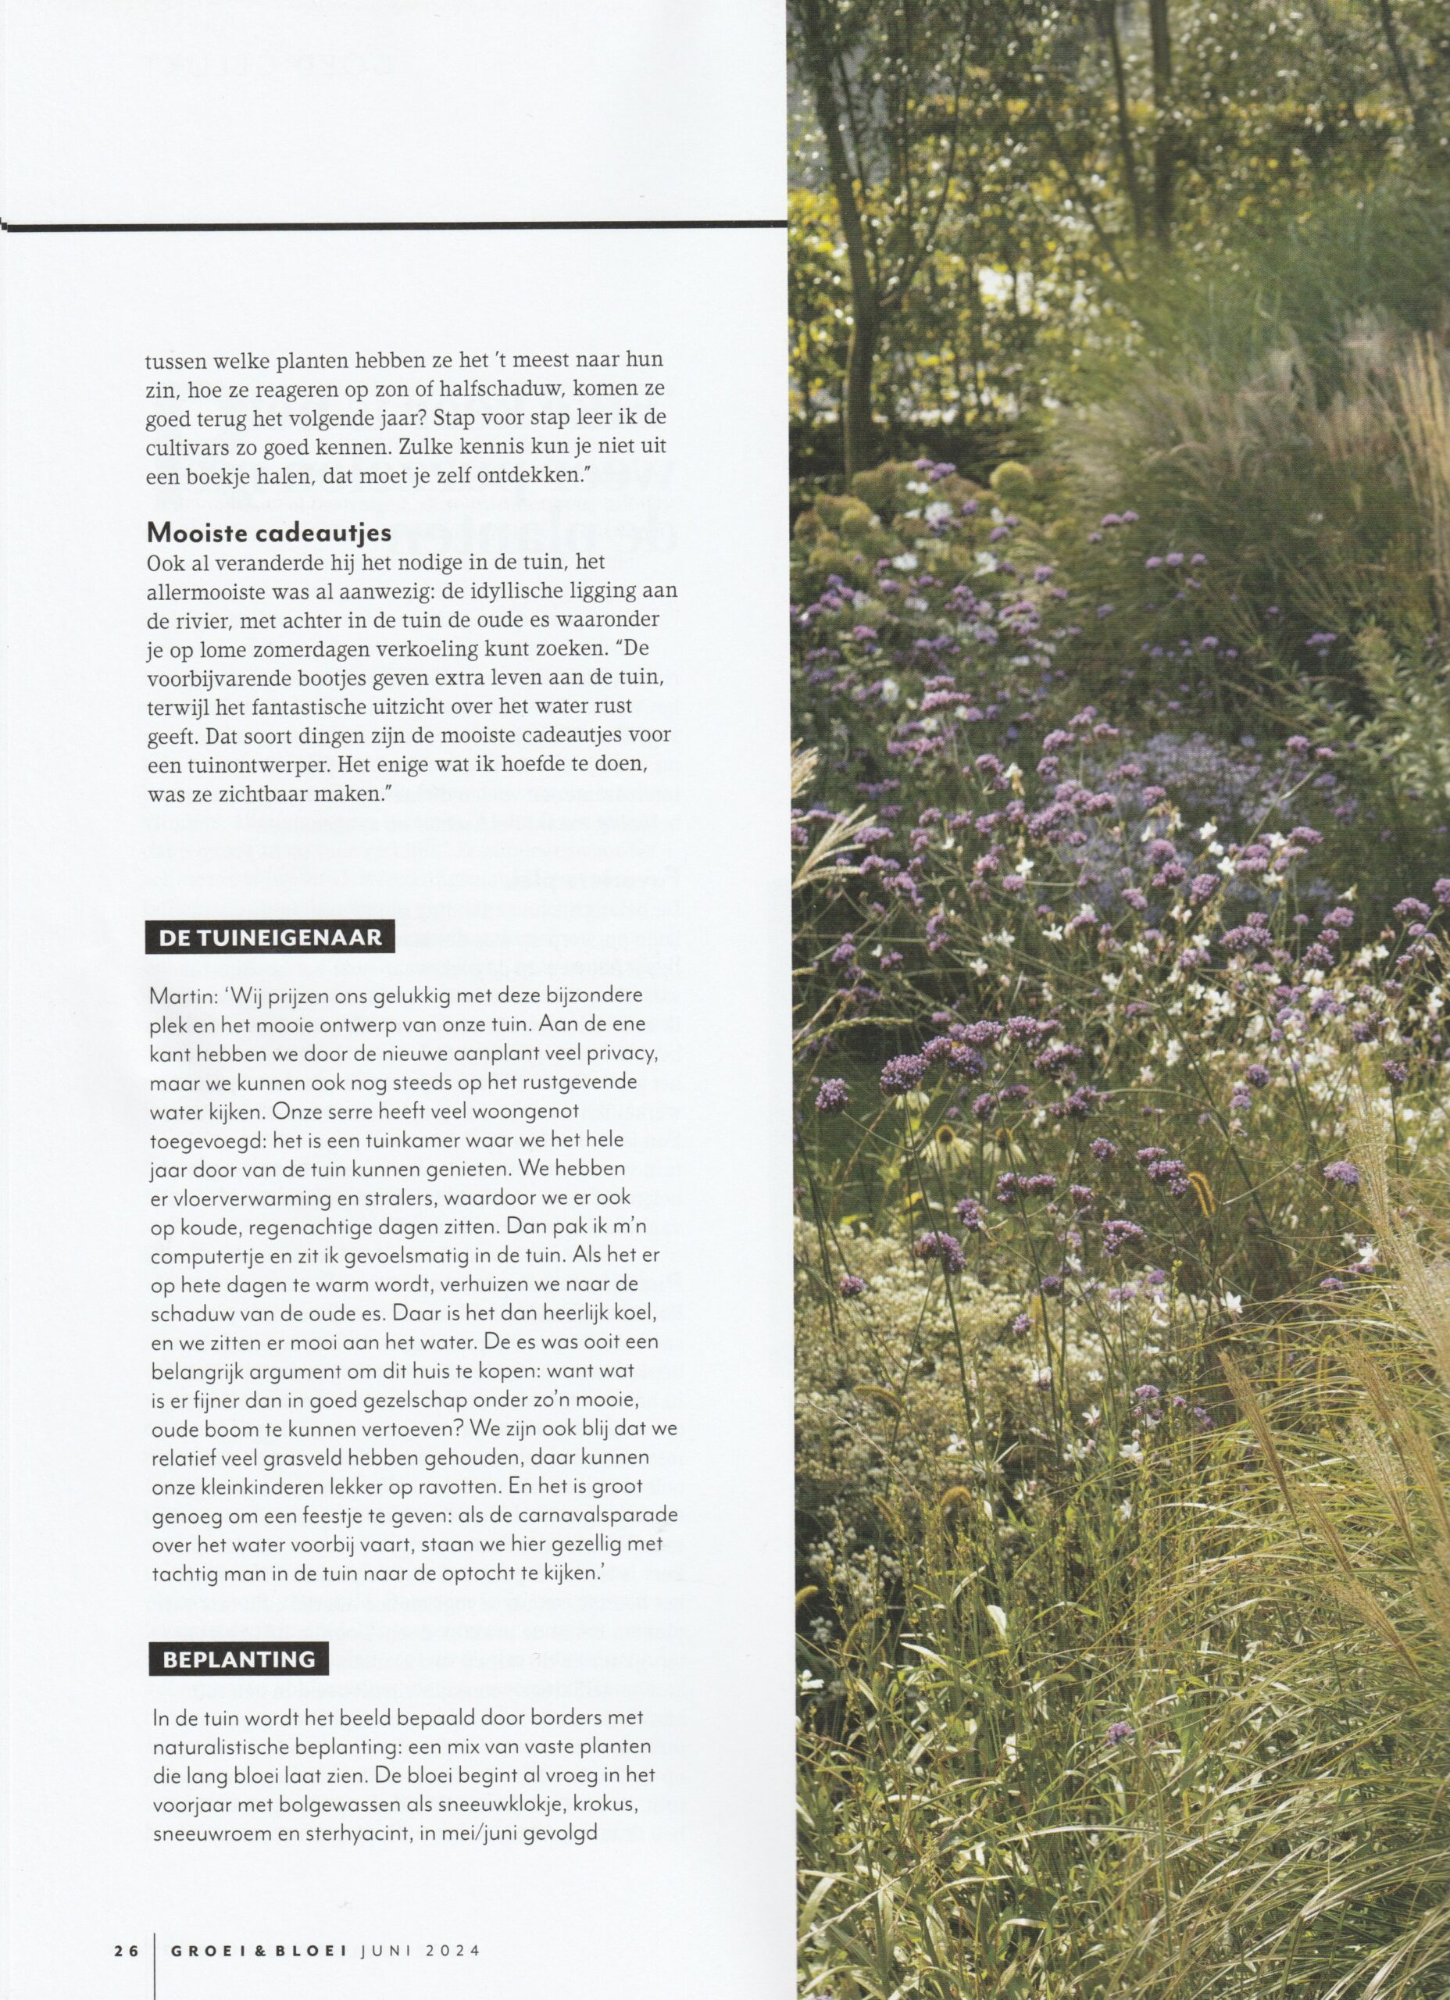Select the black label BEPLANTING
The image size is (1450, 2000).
(238, 1659)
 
